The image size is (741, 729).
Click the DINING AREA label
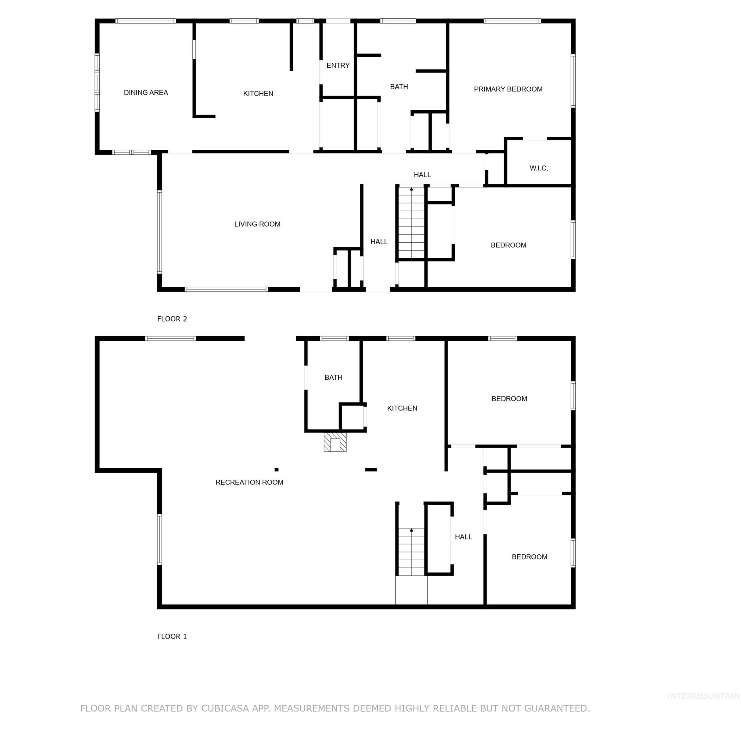pos(146,93)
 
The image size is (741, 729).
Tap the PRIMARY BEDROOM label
pos(508,89)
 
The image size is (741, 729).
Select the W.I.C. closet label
pos(538,168)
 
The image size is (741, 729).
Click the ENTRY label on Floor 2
pos(338,65)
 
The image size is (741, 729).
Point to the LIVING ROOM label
pos(257,224)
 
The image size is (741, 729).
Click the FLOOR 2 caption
pos(172,319)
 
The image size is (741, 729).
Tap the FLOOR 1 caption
pos(172,636)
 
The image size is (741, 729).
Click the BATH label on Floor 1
pos(333,377)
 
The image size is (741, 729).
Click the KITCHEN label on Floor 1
pos(402,408)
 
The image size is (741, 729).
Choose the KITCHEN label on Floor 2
pos(258,93)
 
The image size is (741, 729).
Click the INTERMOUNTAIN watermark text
pos(703,696)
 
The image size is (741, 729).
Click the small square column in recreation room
pos(276,470)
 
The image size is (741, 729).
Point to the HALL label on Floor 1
pos(463,537)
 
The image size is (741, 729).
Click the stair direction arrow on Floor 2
pos(411,189)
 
